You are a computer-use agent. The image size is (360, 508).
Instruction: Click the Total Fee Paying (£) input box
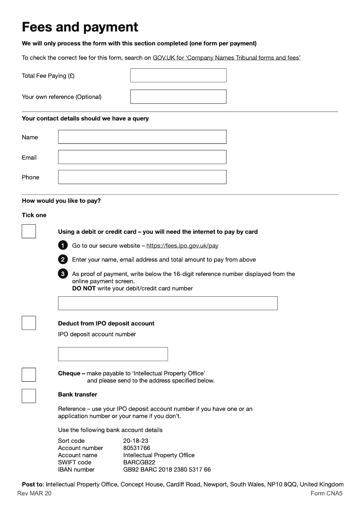pyautogui.click(x=178, y=76)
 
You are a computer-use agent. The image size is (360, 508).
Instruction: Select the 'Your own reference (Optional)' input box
pyautogui.click(x=178, y=97)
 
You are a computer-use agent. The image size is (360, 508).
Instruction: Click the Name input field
pyautogui.click(x=142, y=137)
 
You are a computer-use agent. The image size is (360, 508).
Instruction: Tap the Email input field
pyautogui.click(x=142, y=157)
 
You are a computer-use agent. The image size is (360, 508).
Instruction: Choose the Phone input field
pyautogui.click(x=142, y=177)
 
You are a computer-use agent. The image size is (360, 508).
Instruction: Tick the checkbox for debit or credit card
pyautogui.click(x=29, y=232)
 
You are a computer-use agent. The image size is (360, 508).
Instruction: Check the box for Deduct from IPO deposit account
pyautogui.click(x=29, y=323)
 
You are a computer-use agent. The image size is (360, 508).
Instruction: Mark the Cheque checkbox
pyautogui.click(x=29, y=374)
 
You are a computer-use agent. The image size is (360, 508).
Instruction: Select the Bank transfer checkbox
pyautogui.click(x=29, y=396)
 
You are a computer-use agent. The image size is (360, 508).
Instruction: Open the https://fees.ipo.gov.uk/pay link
pyautogui.click(x=182, y=246)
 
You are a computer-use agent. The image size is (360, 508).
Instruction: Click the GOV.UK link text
pyautogui.click(x=164, y=58)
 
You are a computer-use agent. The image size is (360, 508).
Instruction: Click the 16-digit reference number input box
pyautogui.click(x=167, y=303)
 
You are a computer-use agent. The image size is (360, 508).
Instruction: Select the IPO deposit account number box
pyautogui.click(x=113, y=354)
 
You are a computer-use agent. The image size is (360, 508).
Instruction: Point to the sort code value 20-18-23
pyautogui.click(x=136, y=441)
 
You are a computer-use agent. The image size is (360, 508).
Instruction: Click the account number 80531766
pyautogui.click(x=137, y=448)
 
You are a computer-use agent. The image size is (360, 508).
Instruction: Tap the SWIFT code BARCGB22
pyautogui.click(x=139, y=463)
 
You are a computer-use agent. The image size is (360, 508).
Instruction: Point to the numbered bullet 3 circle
pyautogui.click(x=63, y=274)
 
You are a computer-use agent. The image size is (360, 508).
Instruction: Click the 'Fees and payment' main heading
pyautogui.click(x=80, y=27)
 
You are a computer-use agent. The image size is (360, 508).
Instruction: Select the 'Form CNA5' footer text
pyautogui.click(x=326, y=494)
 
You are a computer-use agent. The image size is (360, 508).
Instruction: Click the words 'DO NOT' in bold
pyautogui.click(x=84, y=289)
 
